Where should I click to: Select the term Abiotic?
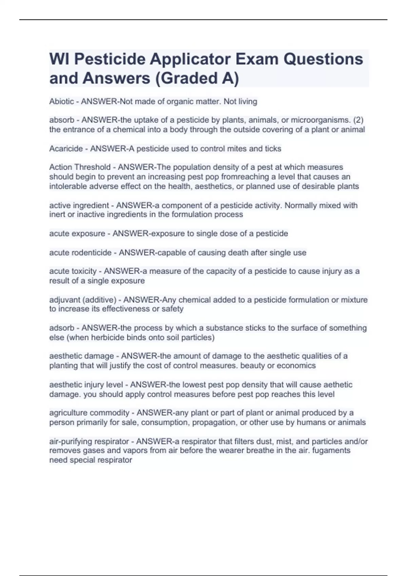coord(61,101)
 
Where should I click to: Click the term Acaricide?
coord(66,148)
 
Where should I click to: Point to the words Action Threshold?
coord(80,167)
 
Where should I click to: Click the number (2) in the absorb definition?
coord(358,120)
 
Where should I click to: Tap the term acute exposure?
coord(77,233)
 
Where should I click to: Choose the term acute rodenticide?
coord(80,252)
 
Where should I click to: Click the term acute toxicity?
coord(73,271)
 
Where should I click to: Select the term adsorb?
coord(61,328)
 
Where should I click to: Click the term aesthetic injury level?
coord(86,385)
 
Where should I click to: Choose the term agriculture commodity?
coord(89,413)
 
